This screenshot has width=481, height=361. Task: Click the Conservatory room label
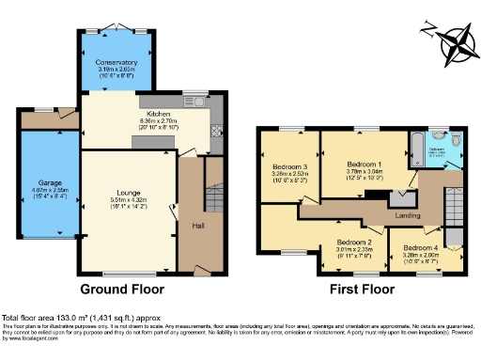tap(116, 62)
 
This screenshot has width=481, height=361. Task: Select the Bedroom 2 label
tap(355, 243)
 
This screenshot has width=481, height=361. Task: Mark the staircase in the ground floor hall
tap(212, 174)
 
